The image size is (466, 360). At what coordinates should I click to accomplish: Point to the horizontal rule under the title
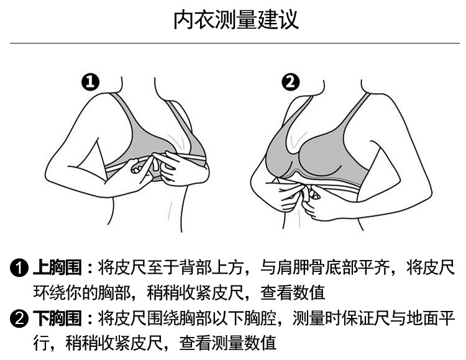point(233,43)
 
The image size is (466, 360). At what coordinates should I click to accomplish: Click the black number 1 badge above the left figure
point(91,81)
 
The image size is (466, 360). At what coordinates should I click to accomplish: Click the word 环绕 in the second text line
point(48,292)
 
